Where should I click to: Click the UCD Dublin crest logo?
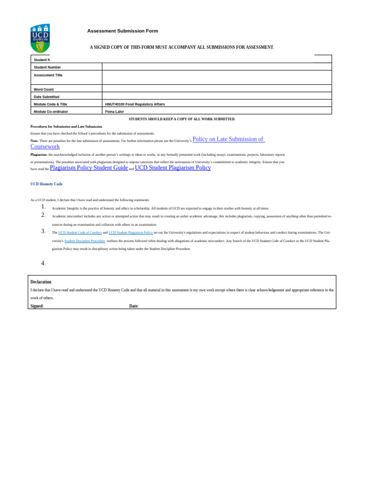pyautogui.click(x=40, y=38)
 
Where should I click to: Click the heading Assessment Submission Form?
pyautogui.click(x=122, y=31)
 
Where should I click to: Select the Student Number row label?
pyautogui.click(x=47, y=67)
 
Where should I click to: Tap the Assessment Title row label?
pyautogui.click(x=48, y=75)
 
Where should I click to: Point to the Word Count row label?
pyautogui.click(x=44, y=89)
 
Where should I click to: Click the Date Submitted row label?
pyautogui.click(x=47, y=97)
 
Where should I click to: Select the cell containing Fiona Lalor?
pyautogui.click(x=114, y=112)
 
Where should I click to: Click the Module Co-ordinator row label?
pyautogui.click(x=51, y=112)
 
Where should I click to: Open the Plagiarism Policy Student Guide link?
pyautogui.click(x=89, y=168)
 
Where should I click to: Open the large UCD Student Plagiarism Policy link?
pyautogui.click(x=173, y=168)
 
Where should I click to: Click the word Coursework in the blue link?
pyautogui.click(x=45, y=147)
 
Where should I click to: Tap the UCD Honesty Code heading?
pyautogui.click(x=46, y=184)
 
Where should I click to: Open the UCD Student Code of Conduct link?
pyautogui.click(x=80, y=233)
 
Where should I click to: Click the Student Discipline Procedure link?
pyautogui.click(x=84, y=241)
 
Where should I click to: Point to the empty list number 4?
pyautogui.click(x=43, y=263)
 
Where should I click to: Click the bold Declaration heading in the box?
pyautogui.click(x=41, y=282)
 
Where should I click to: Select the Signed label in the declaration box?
pyautogui.click(x=37, y=306)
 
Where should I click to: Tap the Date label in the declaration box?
pyautogui.click(x=134, y=306)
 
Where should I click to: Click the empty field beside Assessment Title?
pyautogui.click(x=217, y=77)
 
